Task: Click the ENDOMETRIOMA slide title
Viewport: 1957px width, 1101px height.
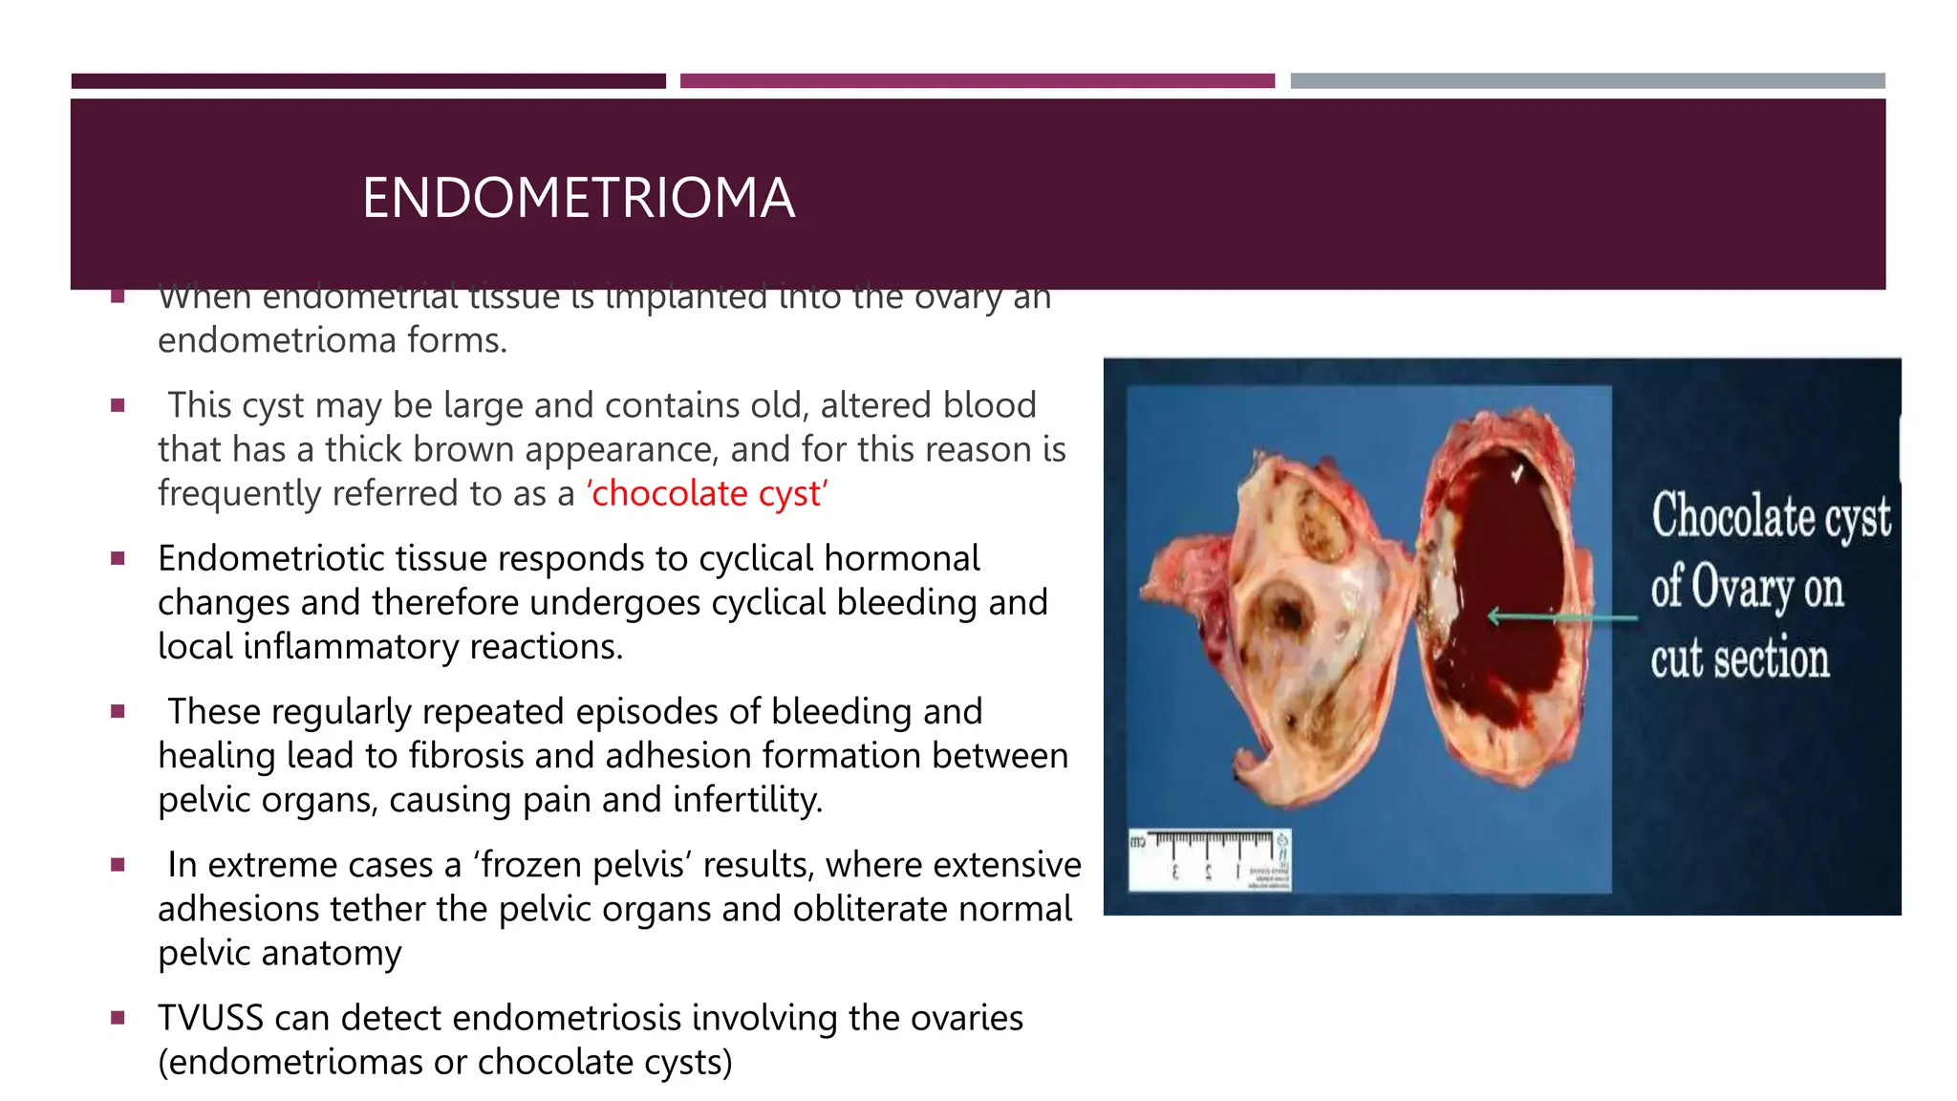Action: [x=578, y=198]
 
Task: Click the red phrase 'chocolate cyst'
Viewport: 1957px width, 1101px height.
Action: [x=707, y=494]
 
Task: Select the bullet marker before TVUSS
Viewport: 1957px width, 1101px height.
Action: [x=118, y=1019]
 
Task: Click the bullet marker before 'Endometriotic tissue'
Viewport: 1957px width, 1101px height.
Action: [x=118, y=559]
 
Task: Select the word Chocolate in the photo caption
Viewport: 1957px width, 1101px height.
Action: [x=1733, y=516]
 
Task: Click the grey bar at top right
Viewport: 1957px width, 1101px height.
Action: [x=1587, y=81]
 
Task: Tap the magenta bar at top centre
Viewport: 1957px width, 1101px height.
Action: [x=977, y=81]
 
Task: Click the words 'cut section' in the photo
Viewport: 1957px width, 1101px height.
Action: [x=1739, y=659]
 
